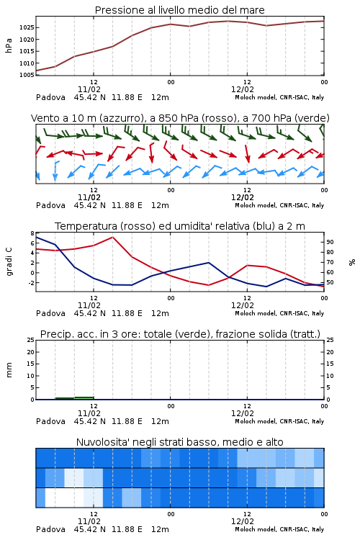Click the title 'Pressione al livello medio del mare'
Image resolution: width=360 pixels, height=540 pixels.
click(179, 10)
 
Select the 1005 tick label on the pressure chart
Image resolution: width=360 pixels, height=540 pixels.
click(27, 75)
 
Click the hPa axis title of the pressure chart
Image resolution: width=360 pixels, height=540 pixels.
click(9, 45)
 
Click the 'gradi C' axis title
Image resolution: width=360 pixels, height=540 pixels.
click(9, 261)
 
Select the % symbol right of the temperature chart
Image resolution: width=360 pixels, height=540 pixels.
click(352, 262)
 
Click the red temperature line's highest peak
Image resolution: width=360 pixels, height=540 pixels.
click(112, 237)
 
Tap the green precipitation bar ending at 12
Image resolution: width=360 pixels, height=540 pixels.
click(84, 397)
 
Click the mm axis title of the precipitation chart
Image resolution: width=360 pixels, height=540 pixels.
click(9, 370)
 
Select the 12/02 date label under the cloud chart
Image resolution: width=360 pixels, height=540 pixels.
click(243, 521)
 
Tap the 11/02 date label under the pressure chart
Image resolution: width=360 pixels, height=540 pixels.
click(89, 89)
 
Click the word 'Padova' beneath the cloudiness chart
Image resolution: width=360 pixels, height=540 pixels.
click(50, 529)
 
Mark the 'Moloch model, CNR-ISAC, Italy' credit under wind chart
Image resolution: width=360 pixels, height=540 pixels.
click(279, 205)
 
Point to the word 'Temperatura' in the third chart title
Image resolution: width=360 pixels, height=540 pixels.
click(86, 226)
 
